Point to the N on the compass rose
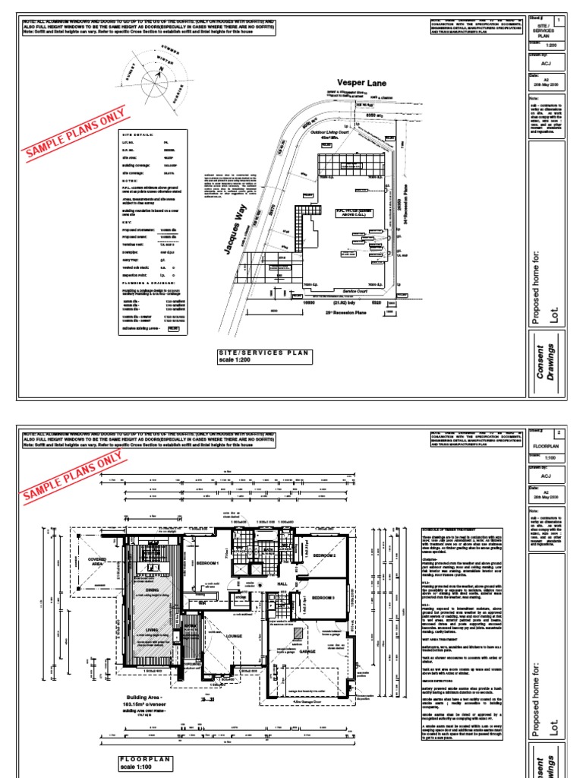click(161, 69)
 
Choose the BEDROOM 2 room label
click(323, 555)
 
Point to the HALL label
click(282, 583)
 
